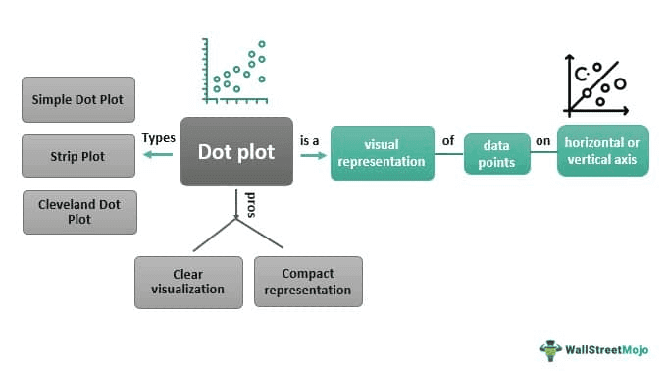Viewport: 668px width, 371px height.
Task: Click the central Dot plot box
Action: pyautogui.click(x=236, y=152)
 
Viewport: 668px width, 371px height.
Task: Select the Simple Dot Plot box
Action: pyautogui.click(x=77, y=100)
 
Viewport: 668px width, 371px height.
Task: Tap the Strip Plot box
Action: pyautogui.click(x=77, y=156)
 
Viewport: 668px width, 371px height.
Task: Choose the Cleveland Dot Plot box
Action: pyautogui.click(x=79, y=212)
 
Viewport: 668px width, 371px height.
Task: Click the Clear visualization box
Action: pyautogui.click(x=189, y=282)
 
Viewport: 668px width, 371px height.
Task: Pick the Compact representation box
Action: pyautogui.click(x=308, y=282)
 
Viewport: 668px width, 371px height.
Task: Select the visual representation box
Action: pyautogui.click(x=382, y=152)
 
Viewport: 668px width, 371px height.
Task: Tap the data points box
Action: pyautogui.click(x=496, y=154)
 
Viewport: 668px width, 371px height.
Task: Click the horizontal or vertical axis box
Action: pyautogui.click(x=602, y=151)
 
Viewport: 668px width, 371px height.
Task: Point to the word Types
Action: pyautogui.click(x=158, y=138)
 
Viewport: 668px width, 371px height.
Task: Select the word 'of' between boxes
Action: pyautogui.click(x=448, y=141)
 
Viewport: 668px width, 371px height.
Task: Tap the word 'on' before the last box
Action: pyautogui.click(x=542, y=141)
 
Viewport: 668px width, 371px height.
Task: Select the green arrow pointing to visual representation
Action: pyautogui.click(x=312, y=154)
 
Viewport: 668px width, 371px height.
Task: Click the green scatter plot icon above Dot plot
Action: pyautogui.click(x=235, y=72)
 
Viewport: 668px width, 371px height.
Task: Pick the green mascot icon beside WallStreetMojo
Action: pyautogui.click(x=550, y=348)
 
